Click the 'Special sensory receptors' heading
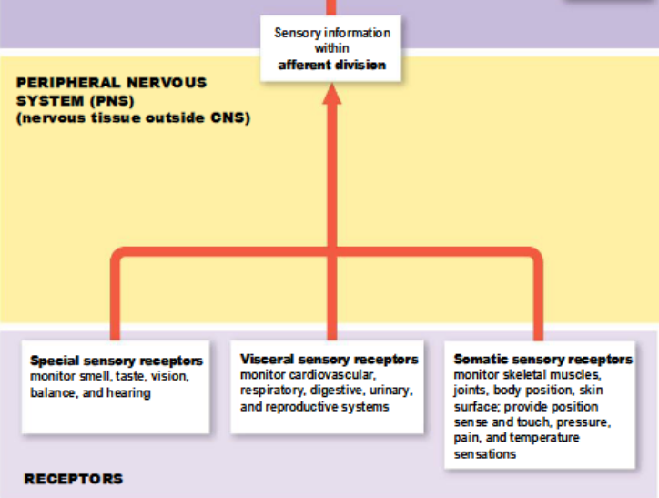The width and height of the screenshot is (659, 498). [116, 361]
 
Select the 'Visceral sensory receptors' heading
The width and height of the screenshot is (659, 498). [329, 359]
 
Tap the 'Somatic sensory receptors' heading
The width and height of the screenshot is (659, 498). [542, 359]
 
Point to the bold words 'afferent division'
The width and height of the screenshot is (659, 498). [331, 65]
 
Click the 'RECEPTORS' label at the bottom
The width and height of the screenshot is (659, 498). [73, 478]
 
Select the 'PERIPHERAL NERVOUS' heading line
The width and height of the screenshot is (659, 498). [111, 83]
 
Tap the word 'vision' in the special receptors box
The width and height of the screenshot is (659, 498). [167, 377]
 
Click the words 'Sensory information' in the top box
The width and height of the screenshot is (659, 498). [331, 33]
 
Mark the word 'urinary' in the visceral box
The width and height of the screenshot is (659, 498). [392, 391]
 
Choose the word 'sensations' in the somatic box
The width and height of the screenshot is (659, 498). [484, 453]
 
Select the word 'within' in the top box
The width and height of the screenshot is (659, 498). [331, 48]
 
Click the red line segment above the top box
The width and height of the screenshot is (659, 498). [332, 6]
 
